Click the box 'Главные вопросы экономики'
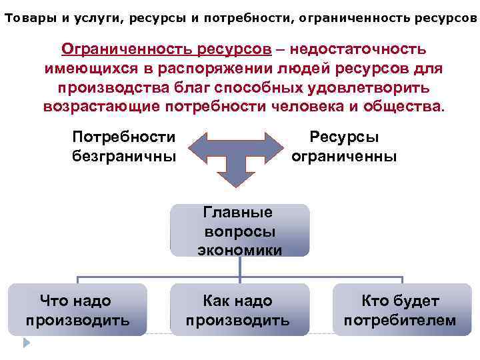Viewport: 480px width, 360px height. click(239, 231)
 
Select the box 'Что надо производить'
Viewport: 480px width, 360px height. click(77, 310)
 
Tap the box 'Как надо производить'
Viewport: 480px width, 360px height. click(239, 310)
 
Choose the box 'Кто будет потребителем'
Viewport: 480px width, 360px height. click(400, 310)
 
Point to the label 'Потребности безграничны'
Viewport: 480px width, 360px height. click(124, 147)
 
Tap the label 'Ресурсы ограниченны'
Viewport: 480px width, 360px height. click(344, 147)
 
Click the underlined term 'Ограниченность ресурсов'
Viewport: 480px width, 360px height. click(167, 50)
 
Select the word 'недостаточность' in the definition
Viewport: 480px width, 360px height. click(352, 50)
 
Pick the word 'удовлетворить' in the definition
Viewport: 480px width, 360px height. click(372, 88)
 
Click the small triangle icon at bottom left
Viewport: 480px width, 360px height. click(27, 343)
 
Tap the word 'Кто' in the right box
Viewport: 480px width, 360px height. click(374, 301)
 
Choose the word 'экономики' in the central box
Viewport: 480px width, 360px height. click(239, 250)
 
